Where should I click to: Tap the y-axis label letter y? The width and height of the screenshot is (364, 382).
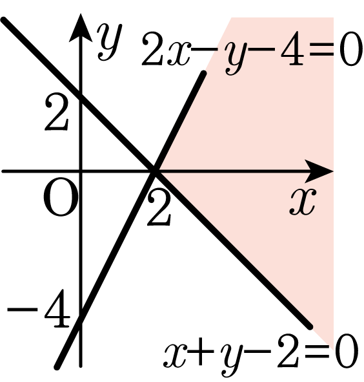click(x=110, y=42)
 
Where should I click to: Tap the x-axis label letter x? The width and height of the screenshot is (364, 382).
click(x=303, y=202)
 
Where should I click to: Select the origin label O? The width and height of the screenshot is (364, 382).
click(x=61, y=197)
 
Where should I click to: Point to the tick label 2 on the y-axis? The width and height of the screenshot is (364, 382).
click(x=56, y=111)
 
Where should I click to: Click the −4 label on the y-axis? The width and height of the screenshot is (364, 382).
click(x=39, y=308)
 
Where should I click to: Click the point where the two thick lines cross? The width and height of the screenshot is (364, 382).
click(x=154, y=171)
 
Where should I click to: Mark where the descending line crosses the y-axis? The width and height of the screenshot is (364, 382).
click(x=81, y=97)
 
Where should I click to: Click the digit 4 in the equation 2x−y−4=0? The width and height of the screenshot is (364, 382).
click(x=292, y=48)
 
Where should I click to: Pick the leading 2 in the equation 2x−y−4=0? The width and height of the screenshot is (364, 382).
click(x=154, y=48)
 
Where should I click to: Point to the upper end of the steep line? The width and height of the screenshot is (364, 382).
click(x=203, y=72)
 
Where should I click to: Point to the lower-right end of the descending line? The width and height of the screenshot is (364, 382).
click(x=310, y=327)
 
